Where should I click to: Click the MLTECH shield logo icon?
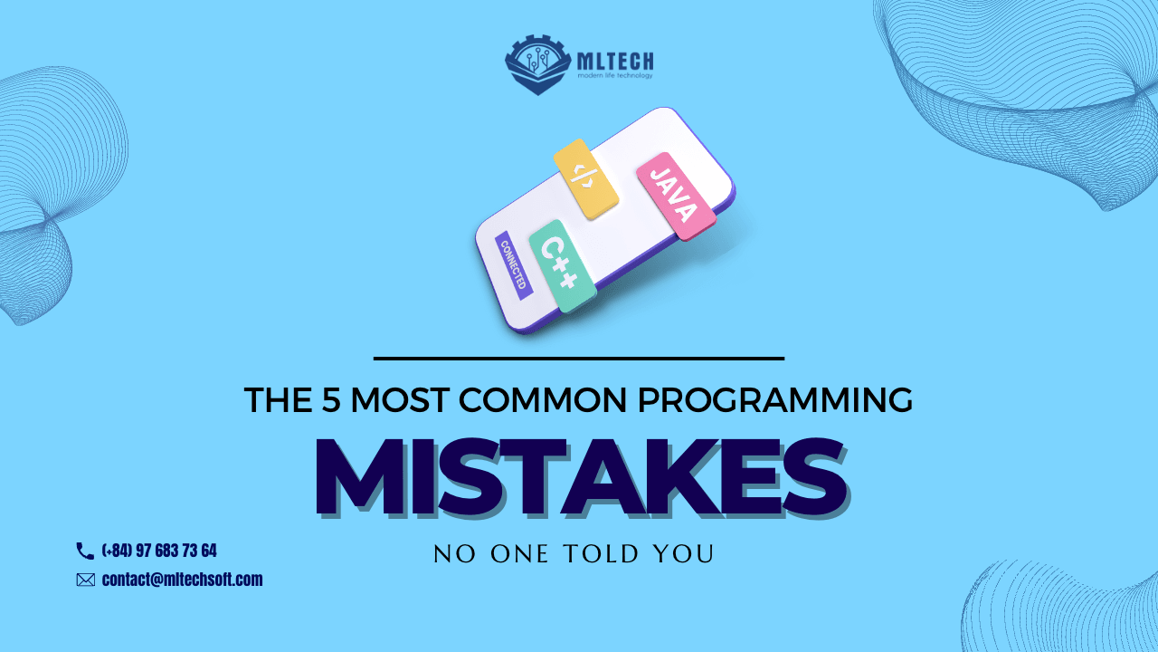coord(536,63)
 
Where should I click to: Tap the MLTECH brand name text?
coord(614,62)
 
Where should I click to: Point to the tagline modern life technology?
coord(614,76)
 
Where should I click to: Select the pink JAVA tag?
coord(675,195)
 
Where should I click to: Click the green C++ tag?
coord(561,265)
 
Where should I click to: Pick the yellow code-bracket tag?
coord(584,177)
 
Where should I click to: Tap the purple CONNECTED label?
coord(514,264)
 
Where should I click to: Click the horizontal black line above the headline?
coord(579,359)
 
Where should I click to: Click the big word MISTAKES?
coord(579,477)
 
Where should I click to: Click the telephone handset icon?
coord(85,551)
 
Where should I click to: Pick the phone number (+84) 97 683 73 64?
coord(159,551)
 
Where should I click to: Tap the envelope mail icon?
coord(86,580)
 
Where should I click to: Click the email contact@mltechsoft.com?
coord(182,580)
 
